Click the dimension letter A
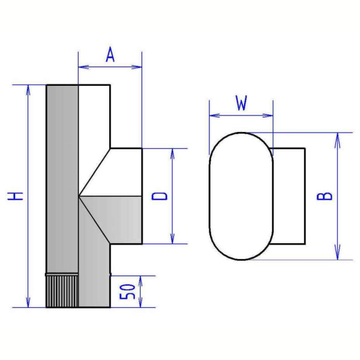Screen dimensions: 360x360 pos(110,55)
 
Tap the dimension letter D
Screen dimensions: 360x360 pos(160,196)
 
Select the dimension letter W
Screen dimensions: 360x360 pos(241,103)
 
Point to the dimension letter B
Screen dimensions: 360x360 pos(324,196)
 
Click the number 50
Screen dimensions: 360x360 pos(127,292)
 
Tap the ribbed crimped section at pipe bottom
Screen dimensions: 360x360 pos(62,291)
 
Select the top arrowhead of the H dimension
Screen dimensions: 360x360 pos(28,90)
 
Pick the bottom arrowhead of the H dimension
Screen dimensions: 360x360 pos(28,302)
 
